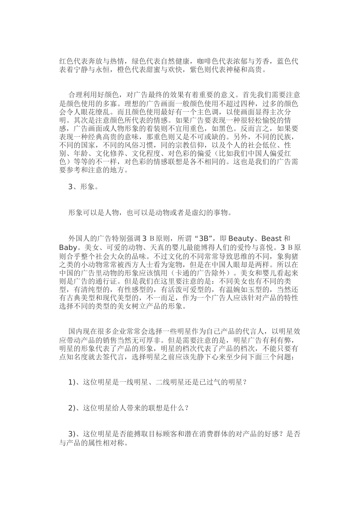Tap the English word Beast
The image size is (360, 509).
coord(272,239)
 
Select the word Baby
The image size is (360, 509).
coord(68,248)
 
